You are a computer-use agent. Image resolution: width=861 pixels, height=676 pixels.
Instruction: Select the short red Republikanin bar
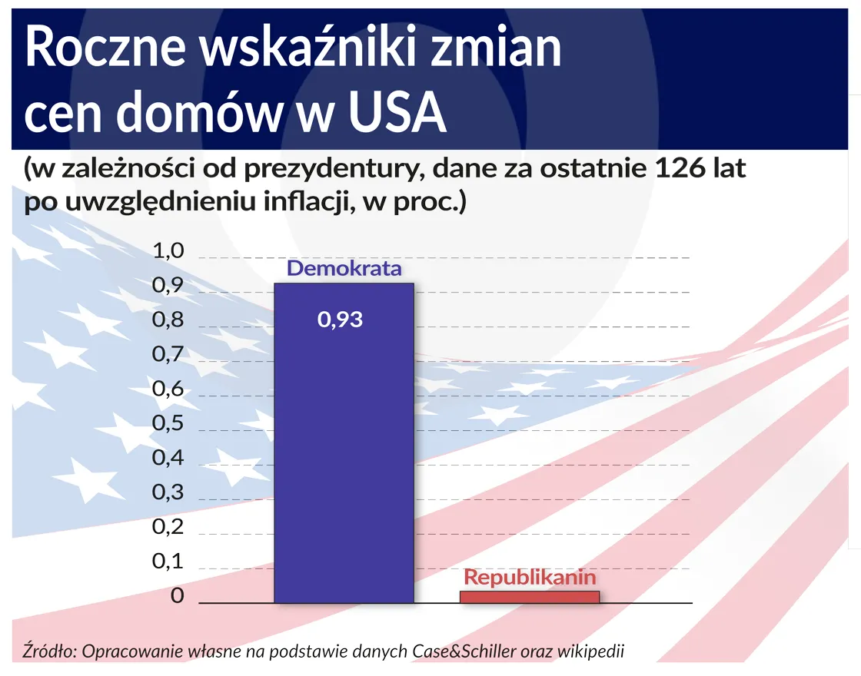(x=529, y=596)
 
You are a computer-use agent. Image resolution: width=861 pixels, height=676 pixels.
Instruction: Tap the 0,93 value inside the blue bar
(x=340, y=320)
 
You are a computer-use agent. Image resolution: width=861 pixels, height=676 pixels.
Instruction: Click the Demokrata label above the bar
(x=344, y=269)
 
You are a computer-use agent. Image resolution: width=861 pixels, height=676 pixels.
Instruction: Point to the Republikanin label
(x=530, y=577)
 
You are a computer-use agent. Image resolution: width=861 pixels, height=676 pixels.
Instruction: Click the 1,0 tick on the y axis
(x=168, y=251)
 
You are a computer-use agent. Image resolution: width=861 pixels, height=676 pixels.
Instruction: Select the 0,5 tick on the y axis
(x=168, y=424)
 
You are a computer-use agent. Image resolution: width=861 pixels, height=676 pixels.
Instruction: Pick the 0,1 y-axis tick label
(x=168, y=562)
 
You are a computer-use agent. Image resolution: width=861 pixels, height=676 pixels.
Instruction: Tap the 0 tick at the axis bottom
(x=178, y=596)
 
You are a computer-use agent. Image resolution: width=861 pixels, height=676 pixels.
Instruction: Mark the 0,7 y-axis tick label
(x=168, y=355)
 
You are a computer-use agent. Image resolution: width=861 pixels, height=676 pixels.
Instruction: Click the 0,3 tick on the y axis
(x=168, y=493)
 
